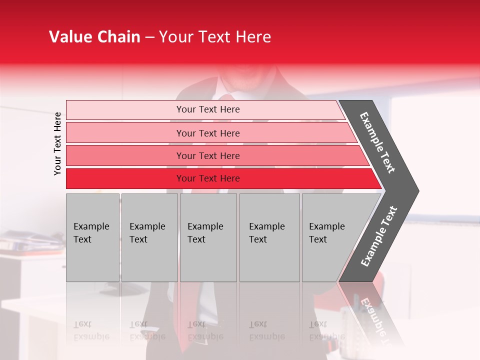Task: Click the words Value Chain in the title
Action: tap(94, 37)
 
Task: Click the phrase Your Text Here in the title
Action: tap(215, 37)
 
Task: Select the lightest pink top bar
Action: tap(125, 110)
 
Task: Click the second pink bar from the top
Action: tap(125, 133)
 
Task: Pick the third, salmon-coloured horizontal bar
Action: tap(125, 155)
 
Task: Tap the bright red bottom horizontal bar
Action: tap(125, 178)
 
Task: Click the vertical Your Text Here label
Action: tap(57, 143)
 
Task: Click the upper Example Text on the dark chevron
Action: tap(377, 142)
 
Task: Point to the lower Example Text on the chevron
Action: tap(378, 236)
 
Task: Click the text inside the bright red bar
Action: tap(208, 178)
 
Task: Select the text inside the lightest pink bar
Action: tap(208, 109)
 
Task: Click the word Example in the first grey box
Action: tap(91, 226)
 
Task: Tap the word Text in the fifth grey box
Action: tap(318, 239)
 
